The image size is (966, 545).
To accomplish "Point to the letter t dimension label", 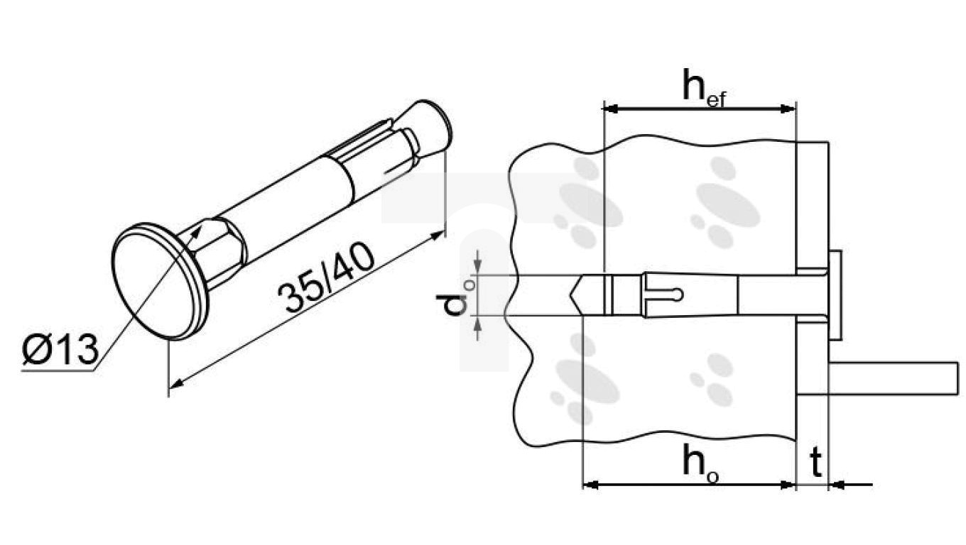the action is (817, 463).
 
